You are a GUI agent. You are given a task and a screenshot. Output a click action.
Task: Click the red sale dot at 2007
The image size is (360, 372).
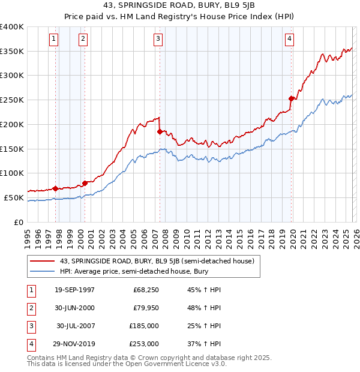coord(160,131)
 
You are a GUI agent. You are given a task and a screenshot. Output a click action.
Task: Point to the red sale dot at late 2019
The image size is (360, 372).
coord(291,98)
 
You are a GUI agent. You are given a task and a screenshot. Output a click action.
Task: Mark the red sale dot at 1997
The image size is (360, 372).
coord(56,188)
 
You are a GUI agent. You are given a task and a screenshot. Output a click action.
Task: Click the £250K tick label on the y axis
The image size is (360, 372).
coord(12,100)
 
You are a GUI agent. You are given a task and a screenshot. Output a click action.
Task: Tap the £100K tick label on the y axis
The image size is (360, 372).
coord(12,173)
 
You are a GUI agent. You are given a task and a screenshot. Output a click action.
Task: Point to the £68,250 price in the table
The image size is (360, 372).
coord(146,290)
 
